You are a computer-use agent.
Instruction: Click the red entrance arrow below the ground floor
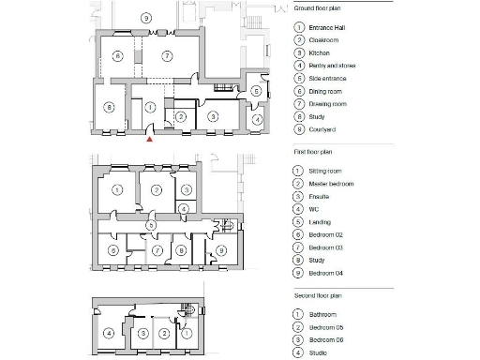pyautogui.click(x=150, y=140)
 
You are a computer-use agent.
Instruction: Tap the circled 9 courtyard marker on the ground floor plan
pyautogui.click(x=145, y=18)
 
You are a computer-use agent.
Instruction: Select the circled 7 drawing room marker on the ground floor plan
pyautogui.click(x=165, y=56)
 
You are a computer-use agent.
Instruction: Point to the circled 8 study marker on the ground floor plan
pyautogui.click(x=110, y=108)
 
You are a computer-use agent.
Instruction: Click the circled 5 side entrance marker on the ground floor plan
pyautogui.click(x=256, y=91)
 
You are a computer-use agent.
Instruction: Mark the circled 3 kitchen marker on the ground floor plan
pyautogui.click(x=213, y=116)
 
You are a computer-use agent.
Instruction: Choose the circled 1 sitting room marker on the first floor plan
pyautogui.click(x=116, y=190)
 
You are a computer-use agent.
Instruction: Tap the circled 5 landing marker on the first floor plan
pyautogui.click(x=150, y=226)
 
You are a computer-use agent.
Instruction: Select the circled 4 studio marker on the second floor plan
pyautogui.click(x=110, y=333)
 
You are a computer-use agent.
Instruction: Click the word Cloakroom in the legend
pyautogui.click(x=324, y=40)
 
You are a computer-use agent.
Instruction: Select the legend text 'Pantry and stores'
pyautogui.click(x=332, y=67)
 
